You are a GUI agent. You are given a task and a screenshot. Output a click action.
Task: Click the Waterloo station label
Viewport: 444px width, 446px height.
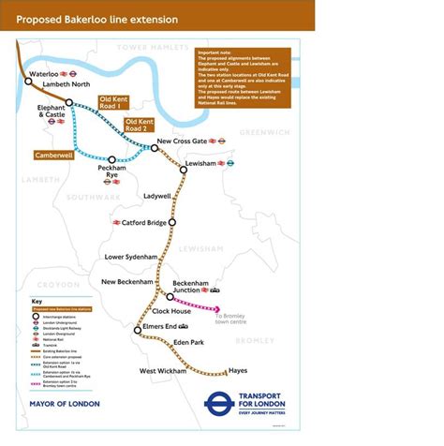43,72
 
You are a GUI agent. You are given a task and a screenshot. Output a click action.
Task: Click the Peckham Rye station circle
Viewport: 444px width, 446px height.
112,160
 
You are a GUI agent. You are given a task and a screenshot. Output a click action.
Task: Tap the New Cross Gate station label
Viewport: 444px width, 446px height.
181,141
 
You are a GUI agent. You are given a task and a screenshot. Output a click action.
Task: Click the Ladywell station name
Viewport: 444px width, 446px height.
156,196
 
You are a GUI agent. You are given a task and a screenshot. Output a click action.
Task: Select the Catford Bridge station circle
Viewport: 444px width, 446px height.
172,223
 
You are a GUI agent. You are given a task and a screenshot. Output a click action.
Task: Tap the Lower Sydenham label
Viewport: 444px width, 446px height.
131,256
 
